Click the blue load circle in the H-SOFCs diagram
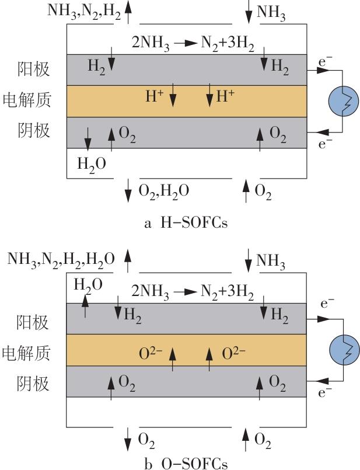point(341,100)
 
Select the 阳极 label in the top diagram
point(33,69)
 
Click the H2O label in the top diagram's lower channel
point(92,164)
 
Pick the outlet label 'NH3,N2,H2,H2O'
point(61,258)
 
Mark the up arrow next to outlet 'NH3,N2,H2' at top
point(128,12)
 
